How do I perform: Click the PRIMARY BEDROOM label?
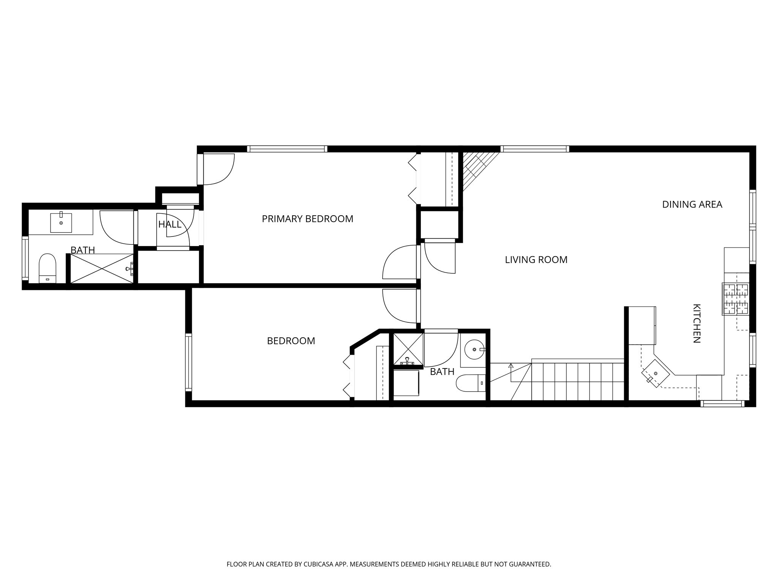coord(307,219)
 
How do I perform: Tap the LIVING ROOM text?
coord(536,260)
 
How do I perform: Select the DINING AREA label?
coord(692,205)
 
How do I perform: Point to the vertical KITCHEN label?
coord(696,323)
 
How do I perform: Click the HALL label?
coord(169,224)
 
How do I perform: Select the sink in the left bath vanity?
coord(61,223)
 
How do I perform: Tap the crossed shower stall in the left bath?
coord(102,269)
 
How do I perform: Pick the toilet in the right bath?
coord(470,383)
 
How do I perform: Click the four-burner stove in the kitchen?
coord(735,299)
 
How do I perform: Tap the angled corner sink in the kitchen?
coord(655,374)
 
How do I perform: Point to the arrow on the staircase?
coord(511,366)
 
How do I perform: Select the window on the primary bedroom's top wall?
coord(287,149)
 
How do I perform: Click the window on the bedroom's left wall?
coord(188,362)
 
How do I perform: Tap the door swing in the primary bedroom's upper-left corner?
coord(219,169)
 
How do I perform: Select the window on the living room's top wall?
coord(534,149)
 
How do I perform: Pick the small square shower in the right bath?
coord(408,349)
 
